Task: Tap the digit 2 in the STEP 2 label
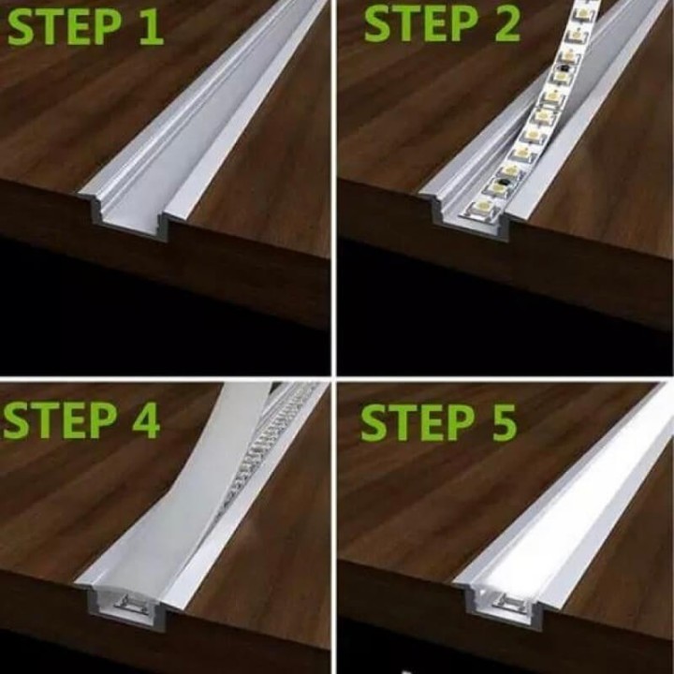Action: pyautogui.click(x=507, y=24)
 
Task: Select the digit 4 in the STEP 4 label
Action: pyautogui.click(x=146, y=421)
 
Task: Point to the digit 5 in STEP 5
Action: pyautogui.click(x=504, y=424)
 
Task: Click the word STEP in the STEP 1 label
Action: pyautogui.click(x=64, y=28)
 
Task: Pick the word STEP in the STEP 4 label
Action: pyautogui.click(x=59, y=421)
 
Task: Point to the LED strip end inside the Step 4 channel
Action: pyautogui.click(x=128, y=602)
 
